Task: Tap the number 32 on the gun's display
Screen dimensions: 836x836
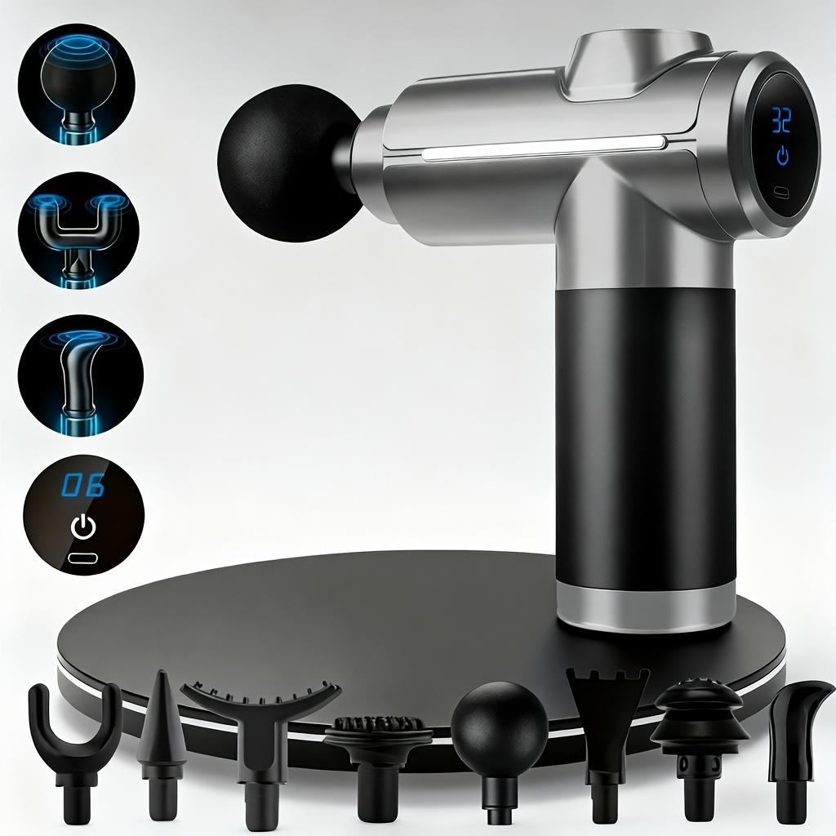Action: (x=781, y=121)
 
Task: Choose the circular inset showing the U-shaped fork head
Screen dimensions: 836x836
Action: (x=78, y=228)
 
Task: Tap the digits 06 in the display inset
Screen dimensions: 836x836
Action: (x=84, y=487)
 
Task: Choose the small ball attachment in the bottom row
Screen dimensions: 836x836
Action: (x=499, y=727)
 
